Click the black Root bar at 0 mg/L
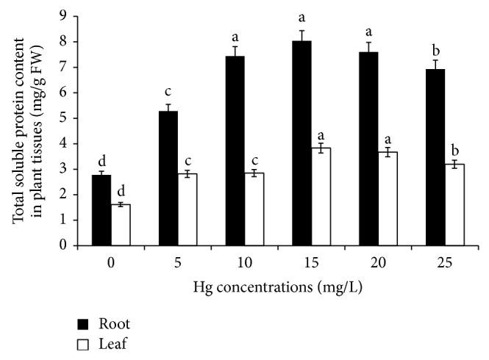(101, 210)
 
